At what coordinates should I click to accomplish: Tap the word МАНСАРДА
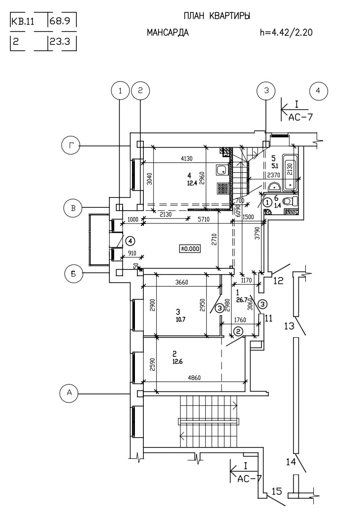167,33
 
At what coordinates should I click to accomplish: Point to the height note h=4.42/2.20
287,33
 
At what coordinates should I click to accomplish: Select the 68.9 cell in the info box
61,22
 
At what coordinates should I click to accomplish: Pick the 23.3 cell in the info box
61,42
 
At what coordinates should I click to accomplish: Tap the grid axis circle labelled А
69,393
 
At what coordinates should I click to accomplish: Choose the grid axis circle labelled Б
73,274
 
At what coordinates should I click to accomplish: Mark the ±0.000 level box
190,249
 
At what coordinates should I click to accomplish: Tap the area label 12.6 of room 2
177,361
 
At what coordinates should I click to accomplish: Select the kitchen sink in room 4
222,170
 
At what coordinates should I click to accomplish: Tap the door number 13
290,326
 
